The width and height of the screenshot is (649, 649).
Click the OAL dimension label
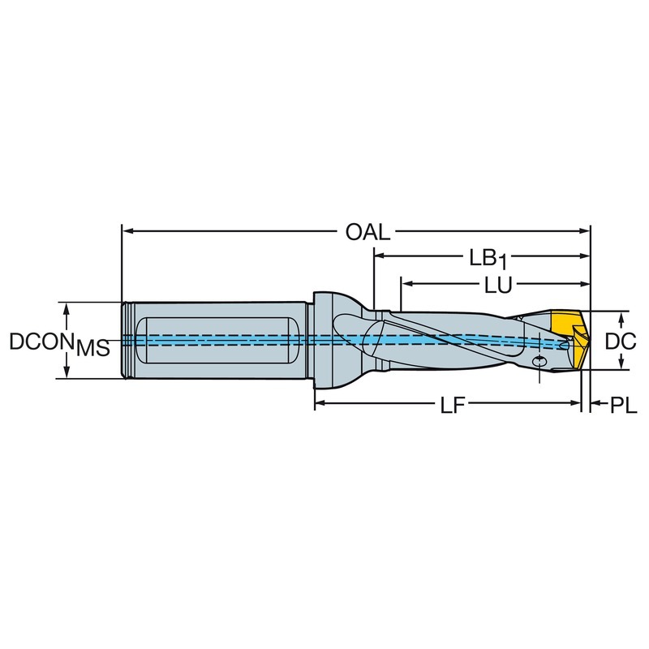pyautogui.click(x=368, y=232)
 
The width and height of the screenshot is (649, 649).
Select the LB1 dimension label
pyautogui.click(x=488, y=259)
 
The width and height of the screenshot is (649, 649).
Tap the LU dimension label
pyautogui.click(x=498, y=286)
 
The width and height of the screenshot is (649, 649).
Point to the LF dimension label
pyautogui.click(x=453, y=406)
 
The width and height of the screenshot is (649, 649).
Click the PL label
pyautogui.click(x=623, y=406)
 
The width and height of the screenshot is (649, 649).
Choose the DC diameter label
pyautogui.click(x=621, y=342)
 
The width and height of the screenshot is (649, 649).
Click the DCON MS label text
pyautogui.click(x=59, y=344)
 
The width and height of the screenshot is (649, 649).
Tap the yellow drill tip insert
pyautogui.click(x=571, y=339)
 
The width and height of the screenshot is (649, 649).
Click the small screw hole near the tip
pyautogui.click(x=539, y=361)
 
